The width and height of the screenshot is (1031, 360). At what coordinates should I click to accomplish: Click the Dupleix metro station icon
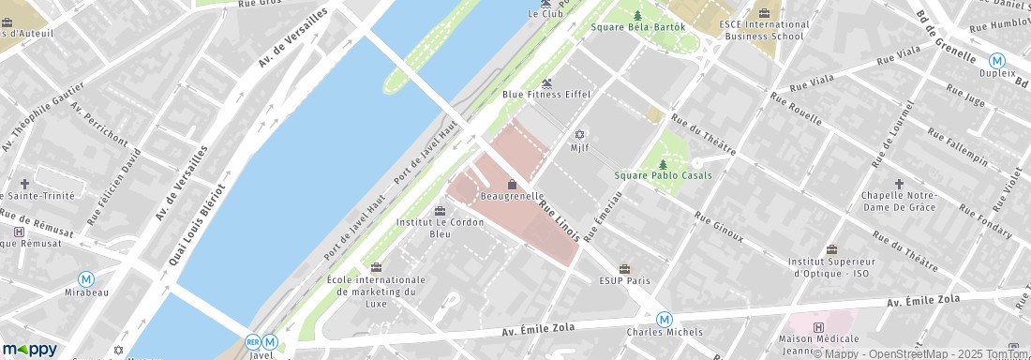997,59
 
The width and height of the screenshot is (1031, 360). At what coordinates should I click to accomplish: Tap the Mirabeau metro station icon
86,278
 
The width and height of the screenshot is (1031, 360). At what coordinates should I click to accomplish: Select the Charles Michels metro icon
664,319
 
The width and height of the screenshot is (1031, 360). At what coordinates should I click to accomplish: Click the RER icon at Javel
252,343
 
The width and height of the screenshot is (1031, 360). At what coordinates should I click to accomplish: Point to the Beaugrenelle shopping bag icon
512,184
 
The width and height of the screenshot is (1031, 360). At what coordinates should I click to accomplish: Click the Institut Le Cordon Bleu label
440,228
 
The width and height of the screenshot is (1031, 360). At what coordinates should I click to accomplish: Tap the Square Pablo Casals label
663,175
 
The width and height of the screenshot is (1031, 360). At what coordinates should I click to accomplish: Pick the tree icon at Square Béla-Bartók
638,15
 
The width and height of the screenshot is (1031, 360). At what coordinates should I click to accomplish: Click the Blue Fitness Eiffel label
545,94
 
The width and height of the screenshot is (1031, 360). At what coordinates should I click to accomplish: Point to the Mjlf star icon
579,134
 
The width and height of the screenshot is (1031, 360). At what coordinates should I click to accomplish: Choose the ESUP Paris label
624,279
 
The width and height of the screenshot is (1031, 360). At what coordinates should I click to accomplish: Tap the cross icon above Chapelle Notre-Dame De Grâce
899,184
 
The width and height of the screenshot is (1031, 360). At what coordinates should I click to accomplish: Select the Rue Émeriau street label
603,216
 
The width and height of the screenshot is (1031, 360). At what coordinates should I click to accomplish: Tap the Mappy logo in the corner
30,349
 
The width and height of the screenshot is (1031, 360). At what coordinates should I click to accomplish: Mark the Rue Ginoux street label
719,228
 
